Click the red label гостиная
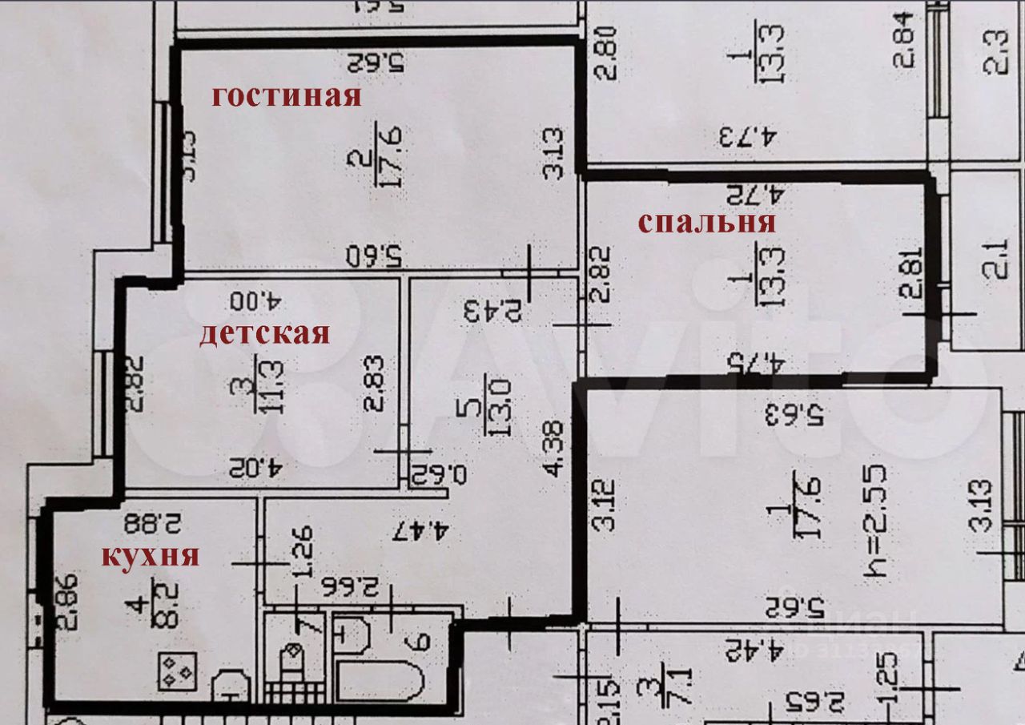tap(286, 97)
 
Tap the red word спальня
tap(707, 223)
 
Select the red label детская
tap(264, 333)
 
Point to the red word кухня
tap(150, 555)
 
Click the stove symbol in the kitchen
tap(177, 671)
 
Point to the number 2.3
tap(995, 52)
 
